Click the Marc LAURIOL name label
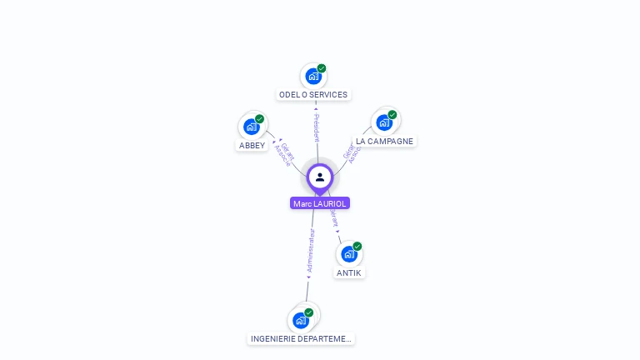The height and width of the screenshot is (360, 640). click(320, 203)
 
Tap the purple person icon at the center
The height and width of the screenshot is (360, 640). click(320, 177)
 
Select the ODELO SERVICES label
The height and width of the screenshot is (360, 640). click(313, 95)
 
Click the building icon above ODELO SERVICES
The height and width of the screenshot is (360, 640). click(312, 76)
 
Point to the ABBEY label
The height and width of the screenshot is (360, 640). click(252, 145)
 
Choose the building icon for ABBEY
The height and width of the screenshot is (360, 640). click(251, 127)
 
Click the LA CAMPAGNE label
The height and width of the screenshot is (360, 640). click(384, 142)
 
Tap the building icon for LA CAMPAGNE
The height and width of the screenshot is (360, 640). click(383, 122)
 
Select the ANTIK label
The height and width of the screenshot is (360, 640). click(349, 272)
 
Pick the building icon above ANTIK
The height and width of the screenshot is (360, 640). click(348, 253)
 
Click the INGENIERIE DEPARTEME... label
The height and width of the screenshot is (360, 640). click(302, 339)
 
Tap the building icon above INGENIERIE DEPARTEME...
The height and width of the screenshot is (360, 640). click(300, 320)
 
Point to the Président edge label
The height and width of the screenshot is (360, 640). click(317, 127)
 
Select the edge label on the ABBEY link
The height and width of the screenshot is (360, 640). click(285, 154)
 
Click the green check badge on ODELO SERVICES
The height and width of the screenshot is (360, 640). click(322, 68)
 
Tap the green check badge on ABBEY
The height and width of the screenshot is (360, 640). click(260, 119)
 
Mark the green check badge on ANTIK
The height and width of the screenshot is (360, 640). click(357, 246)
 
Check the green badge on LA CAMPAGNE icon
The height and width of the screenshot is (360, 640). click(392, 115)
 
